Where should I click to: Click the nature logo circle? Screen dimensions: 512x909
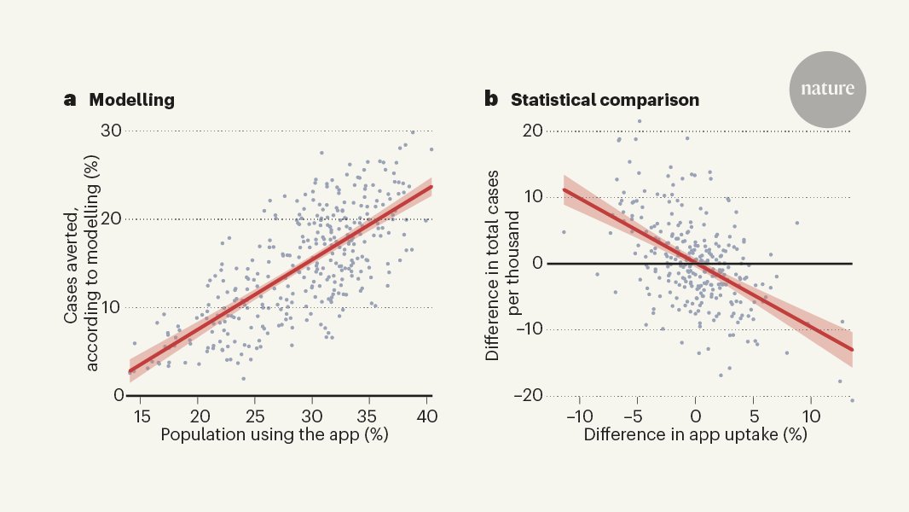pyautogui.click(x=826, y=89)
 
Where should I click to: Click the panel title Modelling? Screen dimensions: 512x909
pyautogui.click(x=131, y=100)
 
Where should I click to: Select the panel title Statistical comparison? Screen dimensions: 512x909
pyautogui.click(x=605, y=100)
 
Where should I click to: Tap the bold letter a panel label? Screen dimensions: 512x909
pyautogui.click(x=70, y=100)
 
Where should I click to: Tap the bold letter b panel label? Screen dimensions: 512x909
pyautogui.click(x=491, y=100)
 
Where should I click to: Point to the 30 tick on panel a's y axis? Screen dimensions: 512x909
pyautogui.click(x=112, y=131)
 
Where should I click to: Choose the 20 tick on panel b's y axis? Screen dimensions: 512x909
pyautogui.click(x=533, y=131)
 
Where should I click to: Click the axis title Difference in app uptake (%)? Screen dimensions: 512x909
pyautogui.click(x=695, y=434)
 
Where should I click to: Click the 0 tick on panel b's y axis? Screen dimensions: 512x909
pyautogui.click(x=537, y=263)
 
